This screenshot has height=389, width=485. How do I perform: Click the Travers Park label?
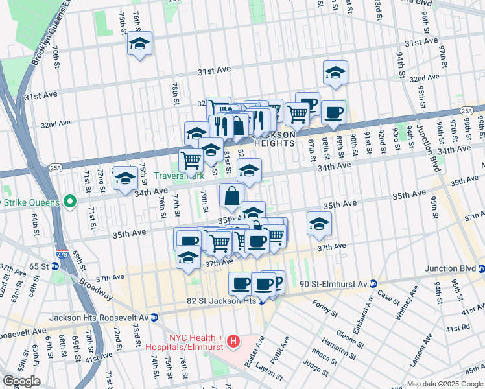(179, 175)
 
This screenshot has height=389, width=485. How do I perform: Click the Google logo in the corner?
(21, 381)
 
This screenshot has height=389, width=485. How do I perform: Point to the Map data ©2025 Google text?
(444, 384)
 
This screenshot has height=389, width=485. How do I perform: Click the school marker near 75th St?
(139, 43)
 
